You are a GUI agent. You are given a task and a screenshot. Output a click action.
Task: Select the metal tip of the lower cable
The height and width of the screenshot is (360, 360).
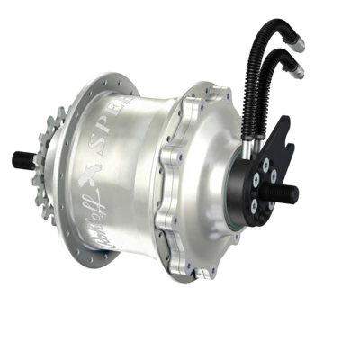click(295, 72)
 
